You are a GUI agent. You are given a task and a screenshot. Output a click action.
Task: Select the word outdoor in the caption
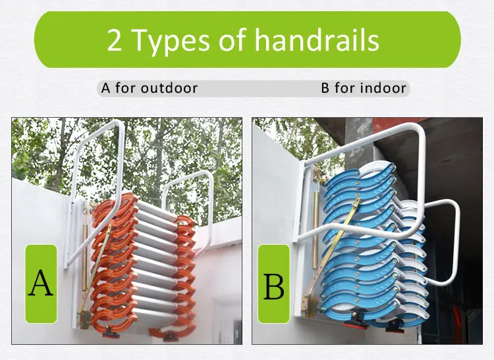(x=169, y=88)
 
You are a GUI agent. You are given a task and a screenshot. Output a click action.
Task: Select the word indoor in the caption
(x=381, y=88)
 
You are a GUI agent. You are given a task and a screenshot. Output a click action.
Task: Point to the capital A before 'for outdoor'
(x=106, y=88)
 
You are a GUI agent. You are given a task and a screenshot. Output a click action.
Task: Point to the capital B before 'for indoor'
(x=325, y=88)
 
